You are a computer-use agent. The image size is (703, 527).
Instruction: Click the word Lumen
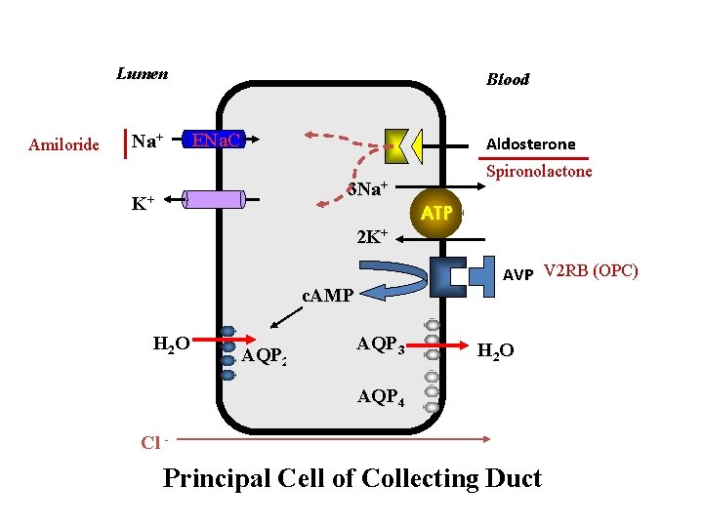(x=142, y=73)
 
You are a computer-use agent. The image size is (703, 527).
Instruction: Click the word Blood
(x=508, y=79)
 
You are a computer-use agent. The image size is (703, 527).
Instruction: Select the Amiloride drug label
(x=63, y=145)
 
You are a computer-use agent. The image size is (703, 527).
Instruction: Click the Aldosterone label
(x=531, y=143)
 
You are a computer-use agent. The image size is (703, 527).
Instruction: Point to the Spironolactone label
(x=539, y=171)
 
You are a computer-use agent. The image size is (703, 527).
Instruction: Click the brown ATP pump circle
(x=435, y=213)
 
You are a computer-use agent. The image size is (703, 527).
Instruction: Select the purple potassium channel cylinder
(x=213, y=199)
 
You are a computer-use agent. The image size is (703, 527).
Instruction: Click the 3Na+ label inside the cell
(x=368, y=189)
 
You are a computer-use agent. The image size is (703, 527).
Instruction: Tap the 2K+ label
(x=372, y=236)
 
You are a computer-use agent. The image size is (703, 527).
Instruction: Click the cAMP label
(x=327, y=295)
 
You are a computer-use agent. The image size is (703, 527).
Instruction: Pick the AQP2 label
(x=264, y=356)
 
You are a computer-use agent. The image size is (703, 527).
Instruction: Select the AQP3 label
(x=381, y=345)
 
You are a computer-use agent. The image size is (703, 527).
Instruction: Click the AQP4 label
(x=381, y=396)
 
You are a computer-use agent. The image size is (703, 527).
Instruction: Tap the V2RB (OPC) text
(x=591, y=270)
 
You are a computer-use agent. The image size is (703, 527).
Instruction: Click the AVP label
(x=517, y=275)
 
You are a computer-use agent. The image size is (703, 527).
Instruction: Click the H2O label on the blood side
(x=495, y=350)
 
